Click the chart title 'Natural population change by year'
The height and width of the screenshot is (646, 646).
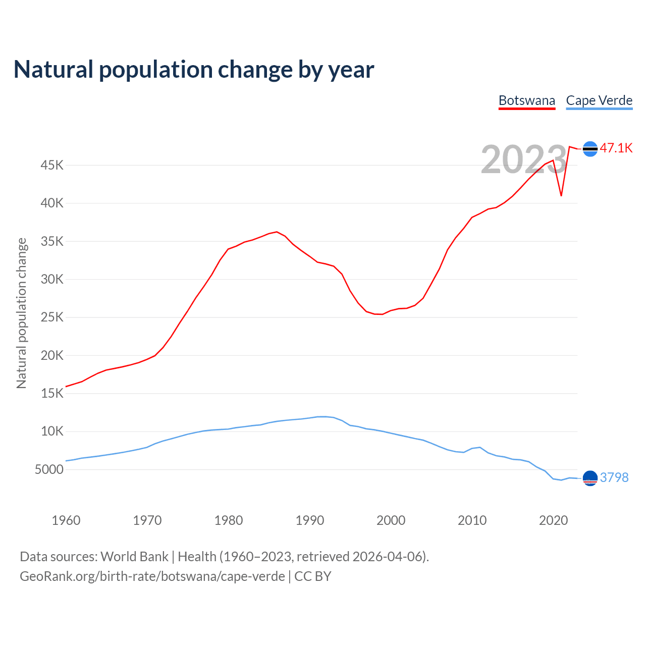pos(194,70)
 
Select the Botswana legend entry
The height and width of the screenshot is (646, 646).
pos(527,100)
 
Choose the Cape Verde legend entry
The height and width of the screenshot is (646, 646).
pos(599,100)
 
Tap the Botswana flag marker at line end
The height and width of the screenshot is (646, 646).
pos(590,148)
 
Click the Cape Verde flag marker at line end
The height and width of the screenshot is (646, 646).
pos(590,477)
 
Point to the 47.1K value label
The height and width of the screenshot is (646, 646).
pos(616,148)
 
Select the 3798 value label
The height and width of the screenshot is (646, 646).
pos(614,477)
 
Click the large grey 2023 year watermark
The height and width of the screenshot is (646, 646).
pos(523,159)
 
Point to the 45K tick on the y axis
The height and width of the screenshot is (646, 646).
pos(52,165)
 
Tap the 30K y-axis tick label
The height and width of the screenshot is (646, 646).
pos(52,279)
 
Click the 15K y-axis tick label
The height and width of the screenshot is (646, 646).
pos(52,393)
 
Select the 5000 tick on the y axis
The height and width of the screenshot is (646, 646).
pos(49,469)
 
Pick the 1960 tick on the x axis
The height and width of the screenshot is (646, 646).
pos(66,520)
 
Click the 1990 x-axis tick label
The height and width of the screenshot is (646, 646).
pos(310,520)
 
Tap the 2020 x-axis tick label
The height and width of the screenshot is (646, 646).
pos(553,520)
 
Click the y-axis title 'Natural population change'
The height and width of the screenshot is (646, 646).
pos(22,313)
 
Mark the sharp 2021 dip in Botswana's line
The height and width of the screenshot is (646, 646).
pos(561,195)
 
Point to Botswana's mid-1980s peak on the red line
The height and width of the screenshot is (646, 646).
pos(277,232)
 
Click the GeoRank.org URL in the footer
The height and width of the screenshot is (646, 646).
pos(152,576)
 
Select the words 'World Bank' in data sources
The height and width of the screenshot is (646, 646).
pos(134,557)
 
